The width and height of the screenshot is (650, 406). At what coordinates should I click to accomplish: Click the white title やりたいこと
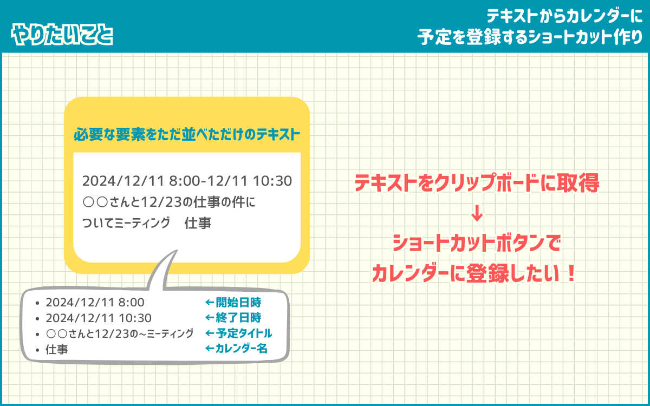[x=62, y=35]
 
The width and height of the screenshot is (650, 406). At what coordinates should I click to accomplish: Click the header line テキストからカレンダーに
[x=564, y=16]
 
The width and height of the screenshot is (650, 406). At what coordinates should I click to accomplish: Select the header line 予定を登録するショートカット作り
[x=530, y=37]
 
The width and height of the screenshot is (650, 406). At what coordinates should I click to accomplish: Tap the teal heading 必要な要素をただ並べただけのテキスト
[x=186, y=135]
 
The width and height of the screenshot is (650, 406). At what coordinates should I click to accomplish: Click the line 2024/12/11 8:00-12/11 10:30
[x=187, y=181]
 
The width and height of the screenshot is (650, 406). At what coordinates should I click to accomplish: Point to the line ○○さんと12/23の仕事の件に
[x=168, y=202]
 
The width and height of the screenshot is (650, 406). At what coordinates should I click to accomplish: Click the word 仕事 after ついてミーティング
[x=198, y=223]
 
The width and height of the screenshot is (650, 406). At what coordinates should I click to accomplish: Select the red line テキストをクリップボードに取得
[x=477, y=183]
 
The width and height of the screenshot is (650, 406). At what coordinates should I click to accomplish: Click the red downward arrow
[x=477, y=213]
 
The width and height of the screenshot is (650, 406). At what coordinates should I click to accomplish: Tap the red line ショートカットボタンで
[x=477, y=243]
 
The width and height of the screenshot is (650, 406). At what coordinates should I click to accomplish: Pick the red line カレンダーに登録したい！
[x=474, y=273]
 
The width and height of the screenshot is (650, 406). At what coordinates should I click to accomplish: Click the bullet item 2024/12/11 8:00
[x=95, y=303]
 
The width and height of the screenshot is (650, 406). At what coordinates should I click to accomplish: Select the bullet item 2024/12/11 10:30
[x=99, y=318]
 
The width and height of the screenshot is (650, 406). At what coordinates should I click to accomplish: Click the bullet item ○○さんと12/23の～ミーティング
[x=120, y=334]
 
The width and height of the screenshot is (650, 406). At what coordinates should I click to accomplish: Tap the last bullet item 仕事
[x=56, y=350]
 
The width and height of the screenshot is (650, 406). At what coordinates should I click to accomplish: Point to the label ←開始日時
[x=233, y=303]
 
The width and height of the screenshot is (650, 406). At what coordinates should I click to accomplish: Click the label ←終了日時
[x=233, y=318]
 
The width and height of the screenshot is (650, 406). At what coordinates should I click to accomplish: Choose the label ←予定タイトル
[x=238, y=333]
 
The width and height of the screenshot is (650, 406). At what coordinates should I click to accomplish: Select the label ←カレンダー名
[x=236, y=348]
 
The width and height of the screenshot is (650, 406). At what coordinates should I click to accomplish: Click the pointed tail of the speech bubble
[x=177, y=251]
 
